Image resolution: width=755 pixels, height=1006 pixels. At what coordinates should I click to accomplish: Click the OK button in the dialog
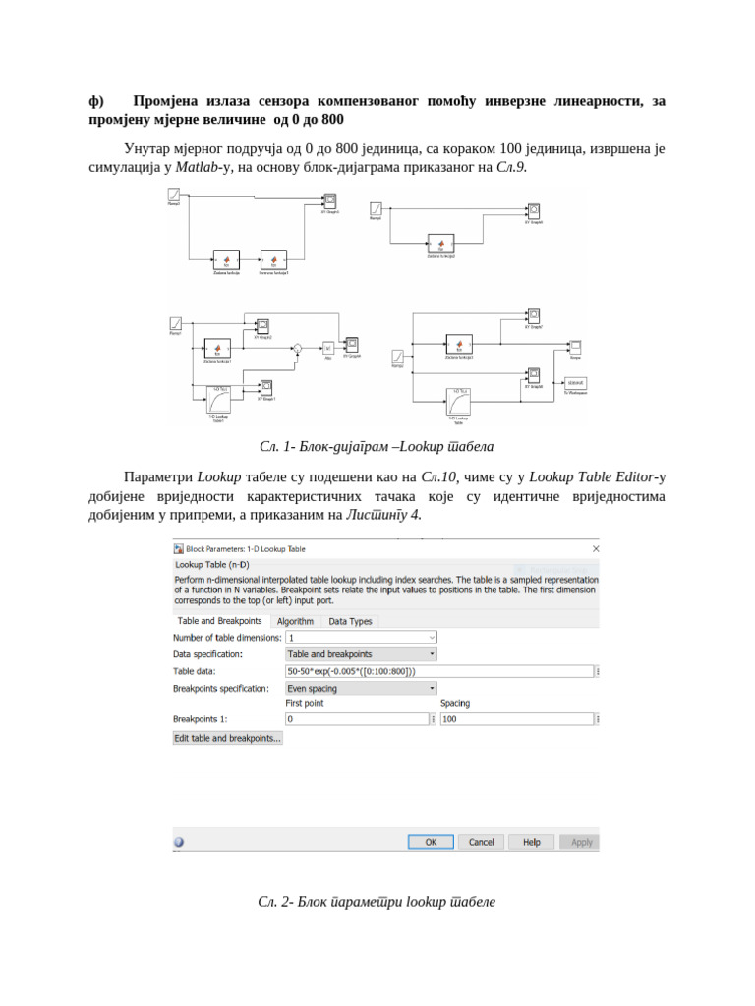tap(431, 842)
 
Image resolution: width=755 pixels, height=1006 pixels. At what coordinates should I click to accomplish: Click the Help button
tap(531, 842)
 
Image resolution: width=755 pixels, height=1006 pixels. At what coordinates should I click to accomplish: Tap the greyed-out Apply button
tap(581, 842)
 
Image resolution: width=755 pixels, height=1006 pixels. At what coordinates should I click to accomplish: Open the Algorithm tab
tap(295, 621)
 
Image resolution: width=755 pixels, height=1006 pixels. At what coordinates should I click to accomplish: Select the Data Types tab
tap(350, 621)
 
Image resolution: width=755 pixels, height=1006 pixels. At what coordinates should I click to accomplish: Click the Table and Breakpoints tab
tap(219, 621)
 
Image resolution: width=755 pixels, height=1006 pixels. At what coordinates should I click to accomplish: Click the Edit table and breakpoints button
tap(228, 738)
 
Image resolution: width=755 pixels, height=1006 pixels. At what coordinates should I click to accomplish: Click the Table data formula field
tap(438, 671)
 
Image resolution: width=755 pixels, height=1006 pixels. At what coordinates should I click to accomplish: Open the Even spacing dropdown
tap(361, 688)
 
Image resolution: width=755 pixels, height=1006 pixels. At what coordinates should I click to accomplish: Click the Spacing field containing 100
tap(515, 719)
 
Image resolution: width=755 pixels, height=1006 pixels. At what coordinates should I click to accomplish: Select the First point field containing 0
tap(356, 719)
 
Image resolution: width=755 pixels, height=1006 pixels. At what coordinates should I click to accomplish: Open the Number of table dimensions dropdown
tap(361, 638)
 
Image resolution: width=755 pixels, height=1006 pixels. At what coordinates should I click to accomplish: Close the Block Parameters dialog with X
tap(593, 549)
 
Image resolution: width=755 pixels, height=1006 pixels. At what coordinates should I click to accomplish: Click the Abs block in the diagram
tap(328, 349)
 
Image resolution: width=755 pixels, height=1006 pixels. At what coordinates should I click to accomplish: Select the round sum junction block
tap(297, 348)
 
